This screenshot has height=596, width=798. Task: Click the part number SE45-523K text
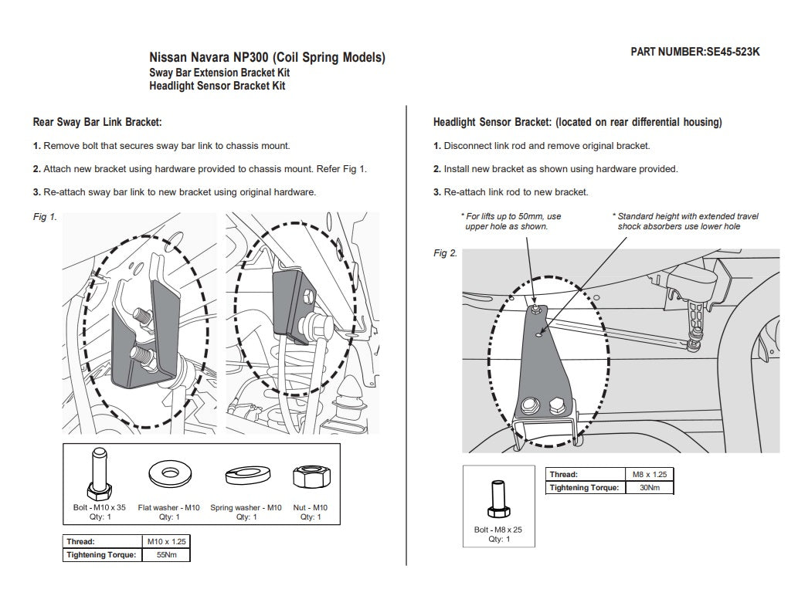[x=695, y=52]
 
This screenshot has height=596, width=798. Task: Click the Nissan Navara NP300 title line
[x=267, y=58]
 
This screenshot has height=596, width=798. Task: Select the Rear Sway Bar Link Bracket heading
[x=97, y=122]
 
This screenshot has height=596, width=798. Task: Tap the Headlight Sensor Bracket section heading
[x=577, y=122]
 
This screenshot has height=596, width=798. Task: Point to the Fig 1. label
[x=45, y=217]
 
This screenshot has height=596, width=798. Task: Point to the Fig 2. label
[x=445, y=253]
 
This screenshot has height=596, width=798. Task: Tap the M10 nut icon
[x=310, y=476]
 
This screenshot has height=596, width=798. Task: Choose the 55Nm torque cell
[x=166, y=554]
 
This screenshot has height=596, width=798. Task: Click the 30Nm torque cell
[x=649, y=487]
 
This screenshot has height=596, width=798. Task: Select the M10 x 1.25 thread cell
[x=166, y=541]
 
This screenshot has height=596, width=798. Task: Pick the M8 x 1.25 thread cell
[x=649, y=474]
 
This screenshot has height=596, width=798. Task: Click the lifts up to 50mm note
[x=511, y=222]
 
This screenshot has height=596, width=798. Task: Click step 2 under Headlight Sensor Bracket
[x=555, y=169]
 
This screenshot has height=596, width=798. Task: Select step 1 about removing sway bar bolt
[x=161, y=145]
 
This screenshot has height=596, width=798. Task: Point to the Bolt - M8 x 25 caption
[x=499, y=530]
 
